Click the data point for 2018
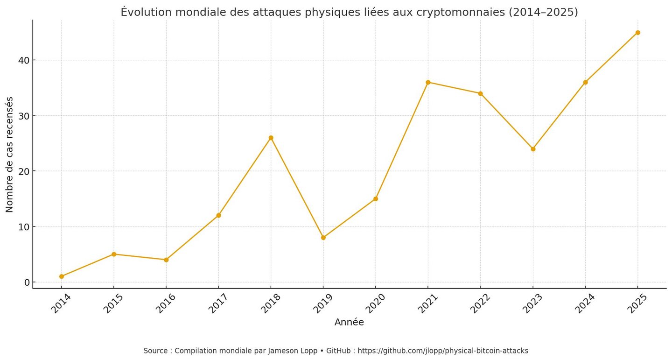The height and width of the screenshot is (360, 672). click(271, 138)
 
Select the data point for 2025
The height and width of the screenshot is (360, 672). click(637, 33)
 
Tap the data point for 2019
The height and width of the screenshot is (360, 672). click(323, 238)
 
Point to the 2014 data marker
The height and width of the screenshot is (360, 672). click(62, 276)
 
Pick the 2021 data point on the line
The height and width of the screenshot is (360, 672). click(428, 82)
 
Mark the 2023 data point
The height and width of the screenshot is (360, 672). click(533, 149)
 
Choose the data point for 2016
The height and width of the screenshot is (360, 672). click(166, 260)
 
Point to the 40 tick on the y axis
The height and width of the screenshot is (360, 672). click(24, 60)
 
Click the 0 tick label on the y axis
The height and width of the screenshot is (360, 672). click(27, 282)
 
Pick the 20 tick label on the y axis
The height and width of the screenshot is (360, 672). click(24, 171)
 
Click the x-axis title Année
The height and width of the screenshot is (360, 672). click(349, 322)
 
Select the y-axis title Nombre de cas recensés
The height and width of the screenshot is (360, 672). click(9, 154)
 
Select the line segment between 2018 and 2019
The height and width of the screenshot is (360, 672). click(297, 188)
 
